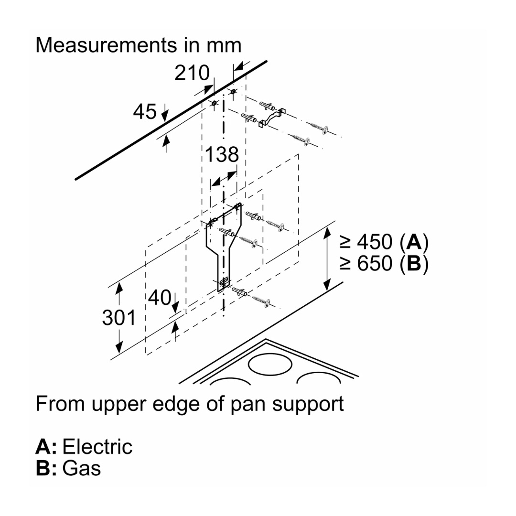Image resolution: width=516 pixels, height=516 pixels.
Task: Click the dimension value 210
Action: (x=192, y=73)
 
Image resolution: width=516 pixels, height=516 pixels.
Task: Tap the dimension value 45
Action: (x=145, y=112)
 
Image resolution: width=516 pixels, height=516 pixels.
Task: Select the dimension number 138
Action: (x=222, y=155)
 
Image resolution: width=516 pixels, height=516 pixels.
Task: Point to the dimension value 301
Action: (x=119, y=317)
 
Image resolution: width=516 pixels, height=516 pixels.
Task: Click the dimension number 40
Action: (x=160, y=298)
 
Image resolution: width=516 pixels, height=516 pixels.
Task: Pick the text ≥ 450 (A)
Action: (x=384, y=242)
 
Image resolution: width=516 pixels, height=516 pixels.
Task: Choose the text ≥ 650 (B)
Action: (x=384, y=263)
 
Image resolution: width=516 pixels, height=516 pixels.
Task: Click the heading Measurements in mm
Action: (x=138, y=45)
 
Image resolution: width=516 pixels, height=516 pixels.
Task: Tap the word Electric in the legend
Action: (x=97, y=447)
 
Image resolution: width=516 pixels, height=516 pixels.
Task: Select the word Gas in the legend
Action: (x=82, y=468)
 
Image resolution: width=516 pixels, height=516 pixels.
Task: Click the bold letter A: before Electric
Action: (x=46, y=447)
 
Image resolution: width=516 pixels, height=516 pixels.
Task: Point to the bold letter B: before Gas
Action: (x=46, y=468)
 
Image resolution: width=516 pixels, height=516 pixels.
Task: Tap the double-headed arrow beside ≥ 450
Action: (x=327, y=259)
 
